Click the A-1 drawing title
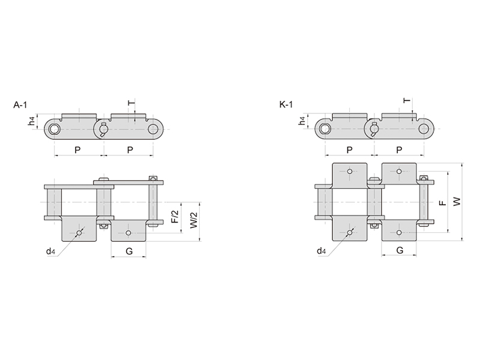(20, 104)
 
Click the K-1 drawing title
(286, 104)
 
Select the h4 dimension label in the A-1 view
(31, 121)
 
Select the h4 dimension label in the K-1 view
(302, 121)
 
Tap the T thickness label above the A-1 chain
(131, 103)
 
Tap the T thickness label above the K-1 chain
(407, 100)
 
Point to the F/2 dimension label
(175, 217)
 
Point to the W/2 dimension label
(194, 220)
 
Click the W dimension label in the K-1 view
(457, 202)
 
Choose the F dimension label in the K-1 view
(443, 203)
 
